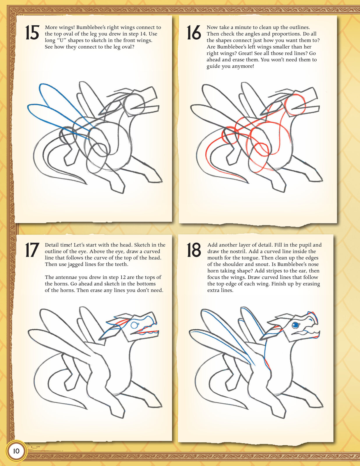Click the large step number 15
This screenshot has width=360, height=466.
[32, 32]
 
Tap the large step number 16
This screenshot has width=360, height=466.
[194, 32]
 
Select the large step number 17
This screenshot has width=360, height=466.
[32, 250]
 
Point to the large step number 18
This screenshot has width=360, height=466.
[194, 250]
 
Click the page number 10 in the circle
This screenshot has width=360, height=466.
[16, 451]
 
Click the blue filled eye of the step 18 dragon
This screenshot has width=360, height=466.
[295, 325]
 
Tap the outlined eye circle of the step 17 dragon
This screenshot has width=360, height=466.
[134, 325]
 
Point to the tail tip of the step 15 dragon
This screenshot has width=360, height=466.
[87, 184]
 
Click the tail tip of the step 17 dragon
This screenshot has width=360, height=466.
[87, 409]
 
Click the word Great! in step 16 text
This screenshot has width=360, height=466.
[245, 53]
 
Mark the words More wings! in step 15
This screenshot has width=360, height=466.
[59, 27]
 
